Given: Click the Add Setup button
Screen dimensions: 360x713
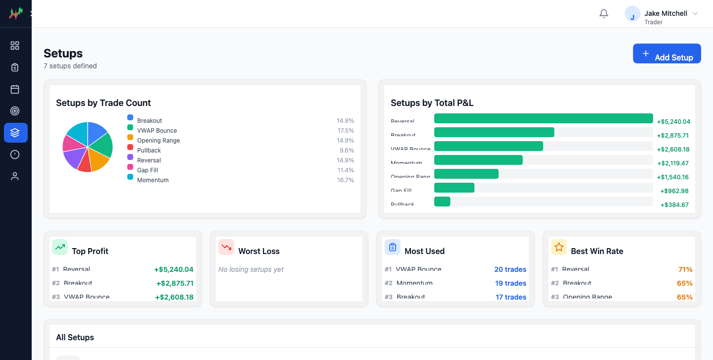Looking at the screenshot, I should pos(666,54).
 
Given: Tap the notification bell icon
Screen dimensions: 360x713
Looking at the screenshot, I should pos(604,14).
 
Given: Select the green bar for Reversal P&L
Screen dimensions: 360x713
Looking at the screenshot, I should pos(543,118).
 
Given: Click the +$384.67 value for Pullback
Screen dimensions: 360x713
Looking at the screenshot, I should pos(674,205).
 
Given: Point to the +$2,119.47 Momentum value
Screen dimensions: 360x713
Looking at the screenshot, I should pos(673,163).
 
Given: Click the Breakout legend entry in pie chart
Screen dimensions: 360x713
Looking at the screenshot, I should pos(150,121).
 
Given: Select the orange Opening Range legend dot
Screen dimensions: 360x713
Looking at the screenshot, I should pos(130,137).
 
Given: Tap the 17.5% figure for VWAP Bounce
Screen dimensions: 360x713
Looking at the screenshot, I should pos(345,131).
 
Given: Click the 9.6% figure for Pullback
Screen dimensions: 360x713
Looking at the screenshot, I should pos(346,151).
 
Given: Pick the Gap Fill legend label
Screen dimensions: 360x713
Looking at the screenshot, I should pos(148,170).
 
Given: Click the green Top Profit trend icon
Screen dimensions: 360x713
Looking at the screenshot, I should pos(60,247).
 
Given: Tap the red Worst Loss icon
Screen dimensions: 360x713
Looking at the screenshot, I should pos(226,247).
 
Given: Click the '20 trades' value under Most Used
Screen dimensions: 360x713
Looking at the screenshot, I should pos(510,270).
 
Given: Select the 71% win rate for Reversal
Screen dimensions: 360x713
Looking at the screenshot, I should pos(685,270).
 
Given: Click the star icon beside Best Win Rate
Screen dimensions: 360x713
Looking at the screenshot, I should pos(559,247).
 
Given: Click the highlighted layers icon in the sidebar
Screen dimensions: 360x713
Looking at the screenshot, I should pos(15,133).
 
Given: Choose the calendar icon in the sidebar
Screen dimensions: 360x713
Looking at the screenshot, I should pos(15,89).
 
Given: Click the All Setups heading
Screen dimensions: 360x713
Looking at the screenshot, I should pos(75,338).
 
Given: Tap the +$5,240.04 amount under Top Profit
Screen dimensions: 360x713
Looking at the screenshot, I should pos(173,270).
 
